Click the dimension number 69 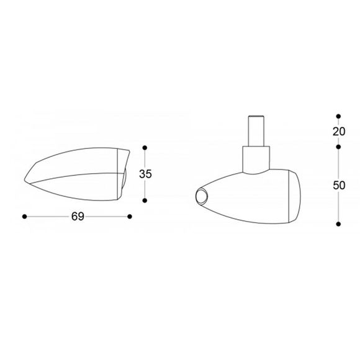coord(77,216)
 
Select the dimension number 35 coord(145,174)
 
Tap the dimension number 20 coord(339,131)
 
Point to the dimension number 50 coord(339,185)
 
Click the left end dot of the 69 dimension coord(24,216)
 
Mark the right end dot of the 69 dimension coord(130,216)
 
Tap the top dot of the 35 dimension coord(145,147)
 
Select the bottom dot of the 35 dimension coord(145,200)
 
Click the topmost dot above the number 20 coord(338,115)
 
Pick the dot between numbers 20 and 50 coord(338,147)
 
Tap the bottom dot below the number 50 coord(338,222)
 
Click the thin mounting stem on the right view coord(256,131)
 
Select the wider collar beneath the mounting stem coord(256,158)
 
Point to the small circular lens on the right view coord(201,196)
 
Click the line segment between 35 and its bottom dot coord(145,190)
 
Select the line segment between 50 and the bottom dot coord(338,208)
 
